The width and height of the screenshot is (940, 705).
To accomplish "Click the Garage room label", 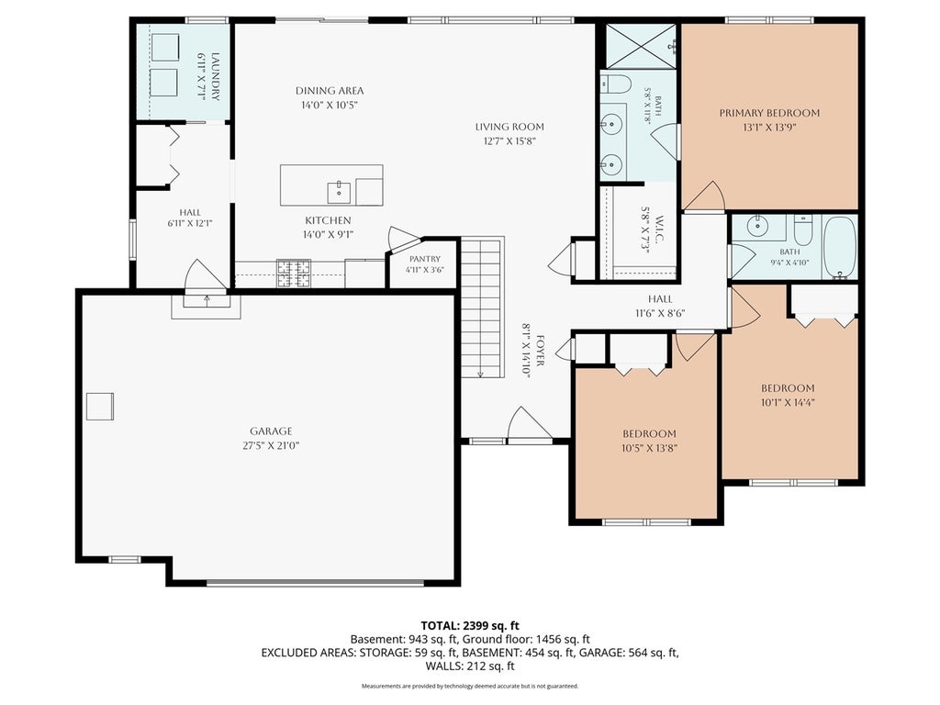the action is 271,431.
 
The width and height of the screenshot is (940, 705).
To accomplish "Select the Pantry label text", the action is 425,259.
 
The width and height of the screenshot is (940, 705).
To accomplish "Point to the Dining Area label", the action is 330,91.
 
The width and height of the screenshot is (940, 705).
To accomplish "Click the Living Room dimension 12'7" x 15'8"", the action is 509,141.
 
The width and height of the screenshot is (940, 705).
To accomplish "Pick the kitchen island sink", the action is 340,193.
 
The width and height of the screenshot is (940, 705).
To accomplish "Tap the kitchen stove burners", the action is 294,274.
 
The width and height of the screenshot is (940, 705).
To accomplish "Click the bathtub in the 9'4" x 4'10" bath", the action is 839,248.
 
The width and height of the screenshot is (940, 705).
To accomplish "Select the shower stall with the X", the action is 641,46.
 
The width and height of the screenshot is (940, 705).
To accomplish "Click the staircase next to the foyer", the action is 482,307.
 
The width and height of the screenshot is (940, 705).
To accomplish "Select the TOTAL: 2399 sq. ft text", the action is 470,626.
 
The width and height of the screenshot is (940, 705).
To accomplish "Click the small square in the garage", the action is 99,407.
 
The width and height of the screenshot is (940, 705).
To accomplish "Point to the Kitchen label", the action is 328,220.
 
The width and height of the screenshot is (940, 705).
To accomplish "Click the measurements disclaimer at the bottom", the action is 470,686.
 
